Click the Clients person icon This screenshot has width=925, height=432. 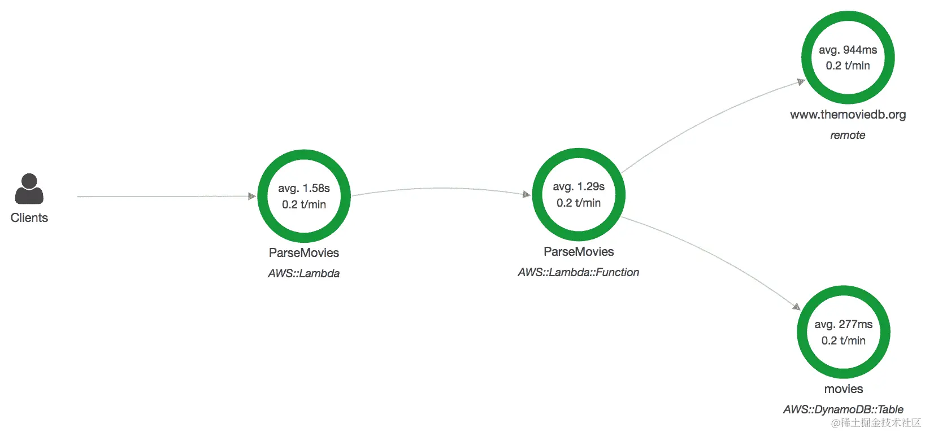coord(29,189)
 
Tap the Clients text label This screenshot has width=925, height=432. coord(29,218)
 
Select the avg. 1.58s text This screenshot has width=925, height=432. coord(304,188)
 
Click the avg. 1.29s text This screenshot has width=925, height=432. coord(579,186)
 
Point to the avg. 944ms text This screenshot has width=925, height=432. coord(848,50)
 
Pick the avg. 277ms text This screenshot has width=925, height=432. coord(843,324)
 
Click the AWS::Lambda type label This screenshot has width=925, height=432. coord(304,273)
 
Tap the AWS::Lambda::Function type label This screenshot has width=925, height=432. coord(578,272)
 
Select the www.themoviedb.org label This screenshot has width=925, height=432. coord(848,115)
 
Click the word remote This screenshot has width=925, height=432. coord(848,135)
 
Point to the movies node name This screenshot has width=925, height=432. coord(843,389)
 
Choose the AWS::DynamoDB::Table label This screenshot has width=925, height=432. coord(843,409)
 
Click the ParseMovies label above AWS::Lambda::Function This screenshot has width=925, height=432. coord(579,252)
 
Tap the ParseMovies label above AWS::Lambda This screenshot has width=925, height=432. coord(304,252)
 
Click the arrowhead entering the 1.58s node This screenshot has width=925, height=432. coord(252,197)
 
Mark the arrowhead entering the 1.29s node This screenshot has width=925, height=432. coord(527,195)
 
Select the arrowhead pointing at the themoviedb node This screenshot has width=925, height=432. coord(801,82)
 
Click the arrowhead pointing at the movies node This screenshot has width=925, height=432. coord(797,307)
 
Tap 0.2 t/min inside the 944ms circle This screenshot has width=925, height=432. coord(848,66)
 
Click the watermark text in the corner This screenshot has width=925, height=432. coord(876,422)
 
